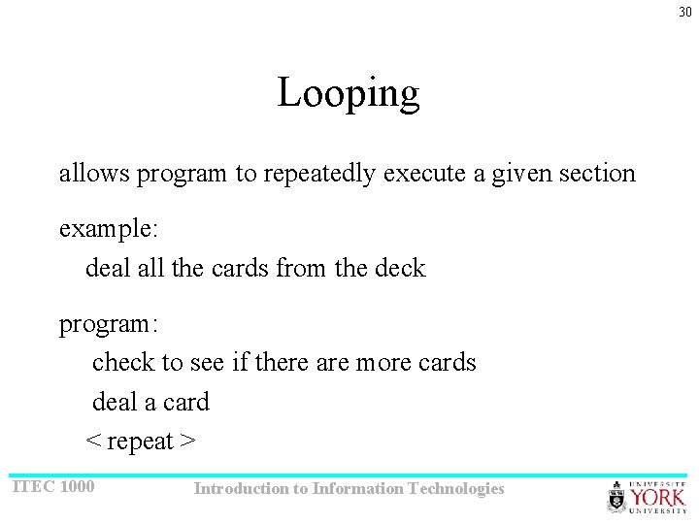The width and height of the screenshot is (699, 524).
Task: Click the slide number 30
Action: tap(685, 12)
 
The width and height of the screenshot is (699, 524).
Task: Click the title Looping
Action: tap(349, 94)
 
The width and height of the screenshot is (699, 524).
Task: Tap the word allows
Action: tap(94, 174)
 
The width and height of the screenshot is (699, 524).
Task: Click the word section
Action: tap(597, 174)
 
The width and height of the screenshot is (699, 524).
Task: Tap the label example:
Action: tap(109, 229)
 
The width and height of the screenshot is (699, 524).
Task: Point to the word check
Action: tap(123, 362)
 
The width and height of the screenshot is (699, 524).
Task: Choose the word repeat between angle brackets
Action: tap(140, 442)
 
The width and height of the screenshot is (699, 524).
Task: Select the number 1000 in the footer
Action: tap(78, 485)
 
